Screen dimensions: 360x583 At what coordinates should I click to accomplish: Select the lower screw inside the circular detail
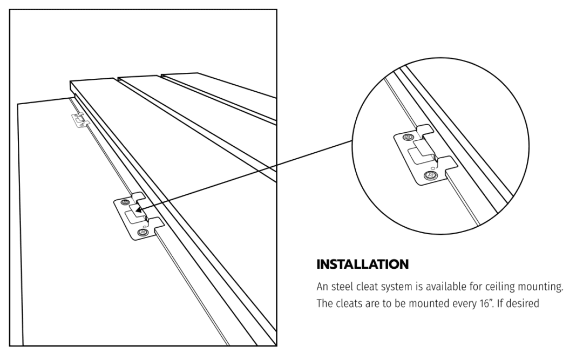click(x=430, y=175)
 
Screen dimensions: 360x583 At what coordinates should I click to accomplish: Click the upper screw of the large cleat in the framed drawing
click(x=125, y=202)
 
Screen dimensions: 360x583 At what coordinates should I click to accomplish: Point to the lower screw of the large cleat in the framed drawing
click(x=143, y=233)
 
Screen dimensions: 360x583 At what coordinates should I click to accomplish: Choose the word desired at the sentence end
click(x=523, y=303)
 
